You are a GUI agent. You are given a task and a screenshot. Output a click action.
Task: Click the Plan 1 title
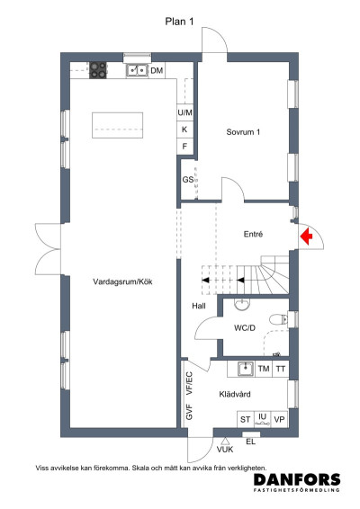pos(180,23)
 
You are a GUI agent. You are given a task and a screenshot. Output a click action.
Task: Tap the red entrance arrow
pos(306,236)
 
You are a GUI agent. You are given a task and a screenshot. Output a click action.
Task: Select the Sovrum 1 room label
pos(243,133)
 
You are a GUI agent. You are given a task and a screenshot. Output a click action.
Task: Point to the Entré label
pos(253,234)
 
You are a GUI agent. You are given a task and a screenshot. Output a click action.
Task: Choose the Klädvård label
pos(233,394)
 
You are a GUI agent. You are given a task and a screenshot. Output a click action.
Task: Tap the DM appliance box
pos(157,70)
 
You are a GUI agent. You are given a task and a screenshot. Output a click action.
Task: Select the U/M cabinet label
pos(185,113)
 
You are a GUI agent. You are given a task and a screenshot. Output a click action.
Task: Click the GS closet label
pos(188,180)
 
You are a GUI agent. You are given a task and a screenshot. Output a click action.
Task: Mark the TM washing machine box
pos(264,369)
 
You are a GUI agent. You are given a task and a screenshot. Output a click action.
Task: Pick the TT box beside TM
pos(281,369)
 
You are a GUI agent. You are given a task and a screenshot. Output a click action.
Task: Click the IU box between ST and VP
pos(263,419)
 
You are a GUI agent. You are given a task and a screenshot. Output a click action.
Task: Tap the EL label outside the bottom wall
pos(251,441)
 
